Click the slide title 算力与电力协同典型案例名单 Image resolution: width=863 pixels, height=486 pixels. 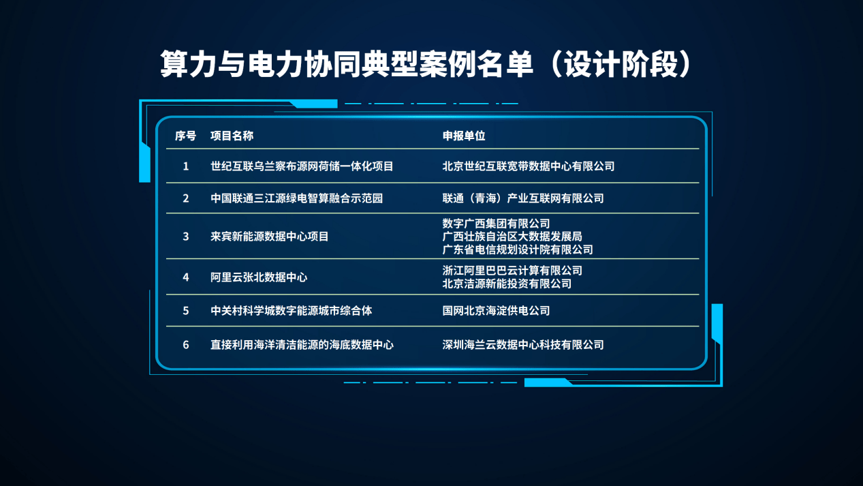[x=347, y=64]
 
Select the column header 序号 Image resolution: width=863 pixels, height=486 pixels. [x=185, y=136]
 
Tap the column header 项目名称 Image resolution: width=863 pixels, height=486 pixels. [x=232, y=136]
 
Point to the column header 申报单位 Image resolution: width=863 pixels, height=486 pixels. [x=464, y=136]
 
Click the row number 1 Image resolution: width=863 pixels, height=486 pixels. [x=186, y=166]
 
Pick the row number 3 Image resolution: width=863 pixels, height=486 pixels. [x=186, y=237]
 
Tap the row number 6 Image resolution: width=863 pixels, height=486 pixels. [x=186, y=344]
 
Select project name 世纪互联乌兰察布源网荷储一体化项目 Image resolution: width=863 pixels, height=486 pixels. [x=302, y=166]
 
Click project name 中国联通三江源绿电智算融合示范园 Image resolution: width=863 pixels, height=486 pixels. [x=297, y=198]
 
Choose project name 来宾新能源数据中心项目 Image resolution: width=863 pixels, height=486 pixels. [x=270, y=237]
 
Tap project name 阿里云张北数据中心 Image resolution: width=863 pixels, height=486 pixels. [x=259, y=277]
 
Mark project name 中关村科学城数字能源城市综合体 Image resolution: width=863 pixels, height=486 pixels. [x=292, y=311]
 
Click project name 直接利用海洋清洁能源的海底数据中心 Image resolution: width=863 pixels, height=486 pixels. [x=302, y=344]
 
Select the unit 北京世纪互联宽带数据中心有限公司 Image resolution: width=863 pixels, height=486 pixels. [x=529, y=166]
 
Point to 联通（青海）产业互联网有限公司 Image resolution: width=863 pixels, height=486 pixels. [x=523, y=198]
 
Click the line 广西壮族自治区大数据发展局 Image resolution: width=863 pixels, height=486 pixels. [x=512, y=237]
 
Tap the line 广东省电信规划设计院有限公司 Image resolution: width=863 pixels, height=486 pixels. [x=518, y=249]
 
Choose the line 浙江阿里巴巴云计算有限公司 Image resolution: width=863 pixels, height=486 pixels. [x=512, y=271]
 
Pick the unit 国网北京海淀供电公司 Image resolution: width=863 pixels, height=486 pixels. [x=497, y=311]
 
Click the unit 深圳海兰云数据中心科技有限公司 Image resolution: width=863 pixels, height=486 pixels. [x=523, y=344]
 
